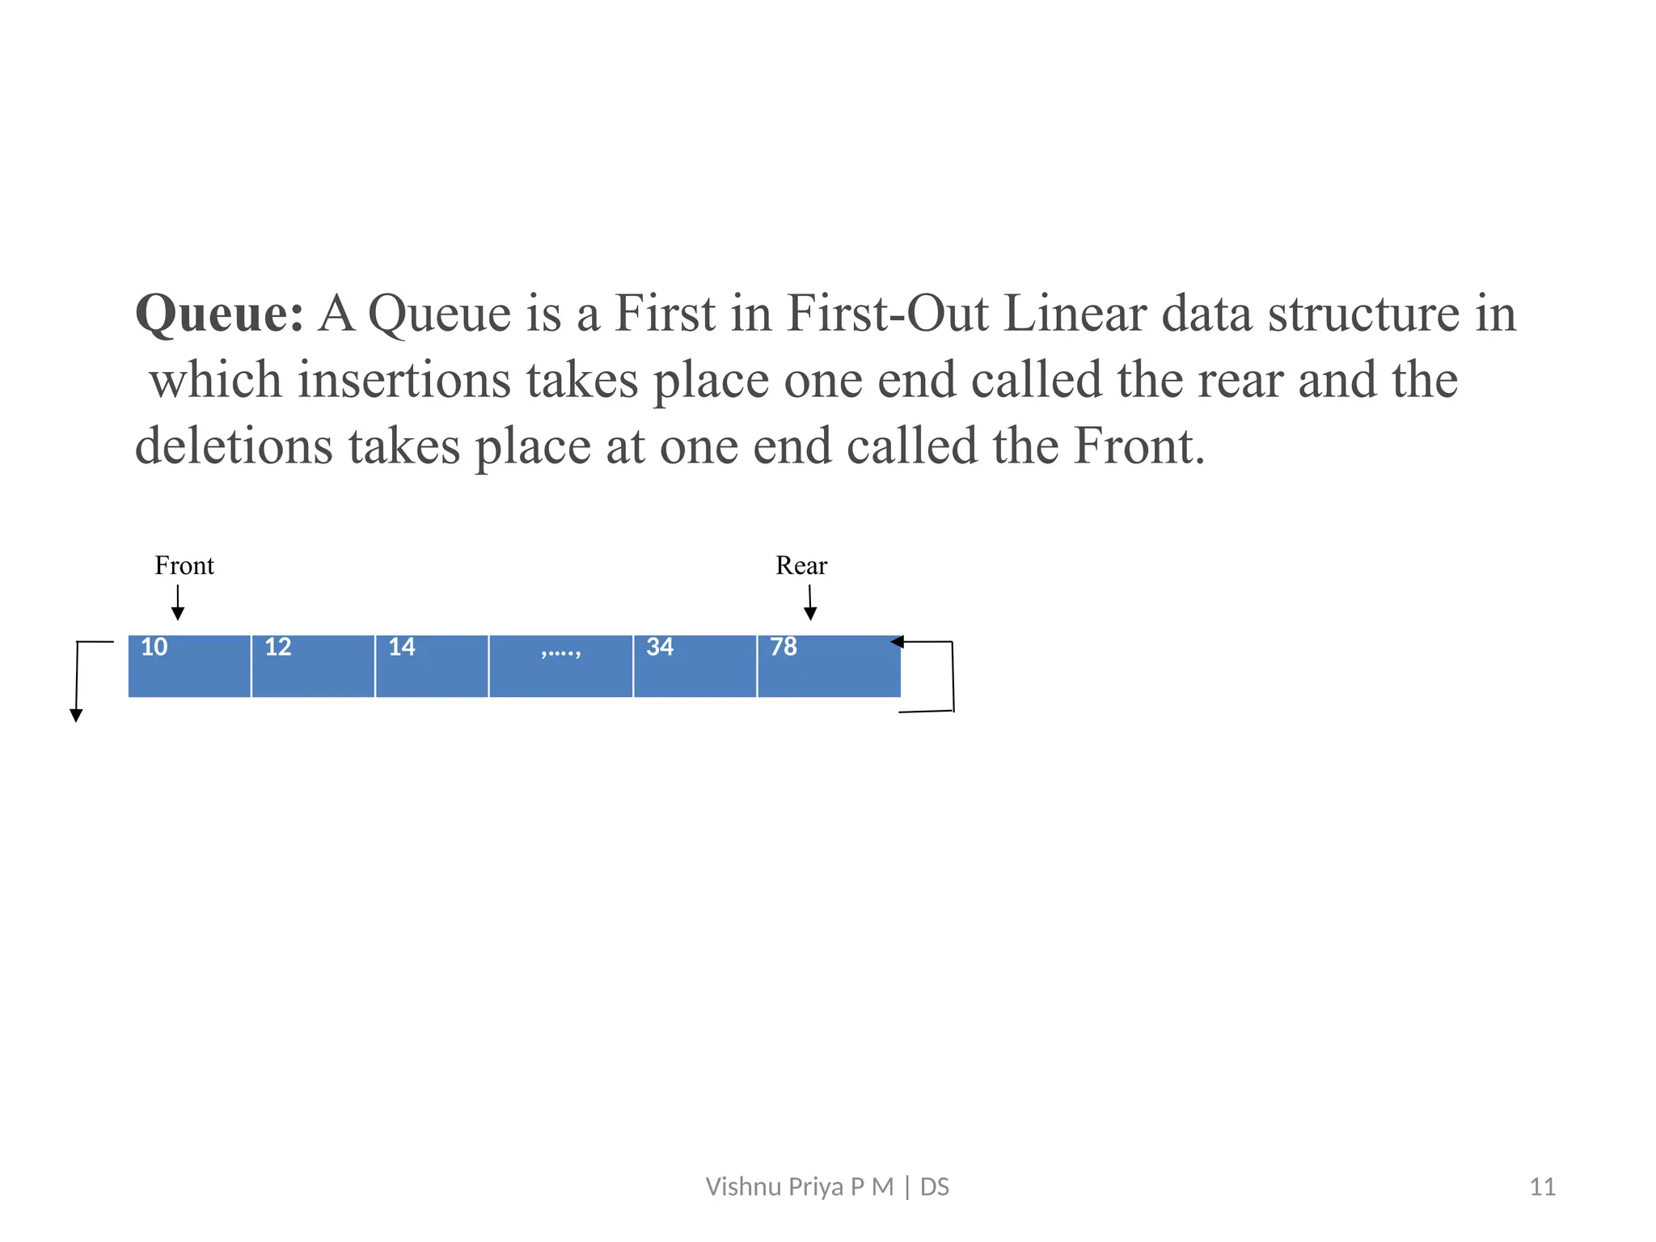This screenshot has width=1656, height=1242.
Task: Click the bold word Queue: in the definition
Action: pos(219,314)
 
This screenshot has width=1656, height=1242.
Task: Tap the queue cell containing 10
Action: pos(189,665)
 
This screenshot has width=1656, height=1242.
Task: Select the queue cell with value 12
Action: pos(313,665)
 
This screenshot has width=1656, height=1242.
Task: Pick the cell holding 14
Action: pos(432,665)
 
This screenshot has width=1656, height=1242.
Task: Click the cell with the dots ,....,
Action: pos(561,665)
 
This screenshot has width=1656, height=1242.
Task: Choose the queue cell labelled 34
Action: pos(695,665)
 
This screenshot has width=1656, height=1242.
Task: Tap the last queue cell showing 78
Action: pos(829,665)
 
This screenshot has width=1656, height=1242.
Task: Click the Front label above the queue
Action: pos(184,565)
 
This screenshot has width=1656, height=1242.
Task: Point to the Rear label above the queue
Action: pos(801,565)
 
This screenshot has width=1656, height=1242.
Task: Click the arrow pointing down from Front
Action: pos(178,603)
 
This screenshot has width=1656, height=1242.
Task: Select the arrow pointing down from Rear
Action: pos(810,603)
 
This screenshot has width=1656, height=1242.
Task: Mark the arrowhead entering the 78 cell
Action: pos(897,642)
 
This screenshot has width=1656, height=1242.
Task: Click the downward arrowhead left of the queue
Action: pos(76,715)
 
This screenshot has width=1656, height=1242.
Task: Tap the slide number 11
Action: pos(1542,1187)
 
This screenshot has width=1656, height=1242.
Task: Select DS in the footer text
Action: pos(935,1187)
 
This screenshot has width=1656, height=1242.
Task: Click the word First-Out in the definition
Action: pos(887,314)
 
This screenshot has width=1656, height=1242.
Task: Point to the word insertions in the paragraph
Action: pos(403,380)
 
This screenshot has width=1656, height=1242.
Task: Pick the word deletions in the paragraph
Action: pos(234,446)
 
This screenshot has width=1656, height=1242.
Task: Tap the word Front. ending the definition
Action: pos(1138,446)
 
